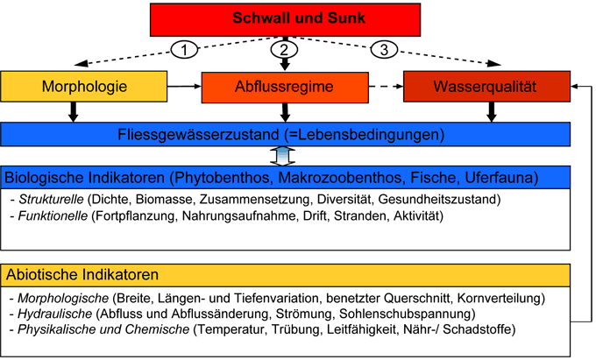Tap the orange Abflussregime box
click(x=283, y=88)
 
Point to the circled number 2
click(x=282, y=49)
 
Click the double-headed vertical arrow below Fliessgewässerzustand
click(x=283, y=156)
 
